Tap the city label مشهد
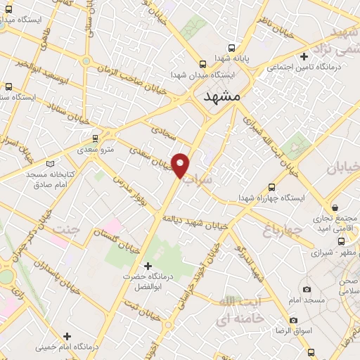pyautogui.click(x=221, y=97)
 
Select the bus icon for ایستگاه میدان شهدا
pyautogui.click(x=202, y=62)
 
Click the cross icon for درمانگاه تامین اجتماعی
pyautogui.click(x=304, y=56)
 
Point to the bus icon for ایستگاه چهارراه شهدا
pyautogui.click(x=271, y=187)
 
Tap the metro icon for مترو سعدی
pyautogui.click(x=96, y=139)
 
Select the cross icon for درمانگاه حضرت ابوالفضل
pyautogui.click(x=147, y=265)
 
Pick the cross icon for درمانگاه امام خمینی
pyautogui.click(x=67, y=336)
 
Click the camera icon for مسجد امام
pyautogui.click(x=307, y=289)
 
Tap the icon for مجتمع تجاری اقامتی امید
pyautogui.click(x=336, y=208)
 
